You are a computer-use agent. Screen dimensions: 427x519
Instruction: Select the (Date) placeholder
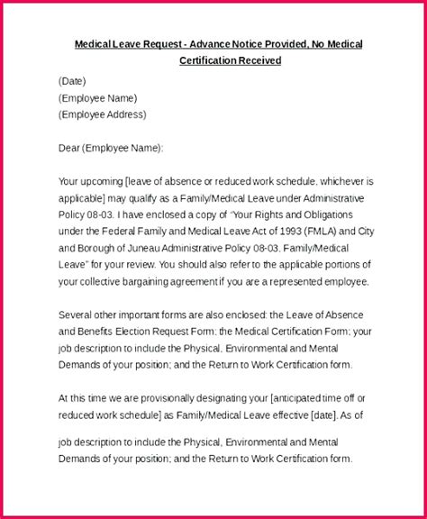pyautogui.click(x=73, y=80)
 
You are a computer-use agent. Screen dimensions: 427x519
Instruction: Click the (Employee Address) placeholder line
pyautogui.click(x=102, y=114)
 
